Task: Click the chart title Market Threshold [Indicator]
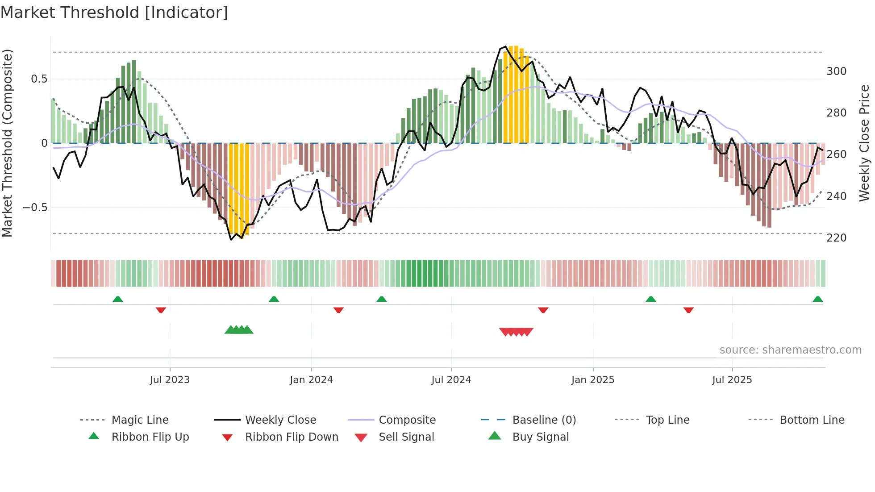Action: pos(114,13)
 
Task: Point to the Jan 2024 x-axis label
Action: pos(311,380)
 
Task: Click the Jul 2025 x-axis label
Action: pos(732,380)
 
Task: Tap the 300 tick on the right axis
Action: pos(836,71)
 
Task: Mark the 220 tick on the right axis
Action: pos(836,238)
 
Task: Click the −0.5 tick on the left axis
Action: pos(35,208)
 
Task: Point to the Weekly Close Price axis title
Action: pos(864,143)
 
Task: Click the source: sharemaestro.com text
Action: pos(790,350)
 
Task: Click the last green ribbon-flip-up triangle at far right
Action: pos(817,299)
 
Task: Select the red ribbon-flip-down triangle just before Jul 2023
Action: pos(161,310)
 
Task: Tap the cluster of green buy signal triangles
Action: pos(239,330)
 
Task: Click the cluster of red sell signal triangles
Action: pos(516,332)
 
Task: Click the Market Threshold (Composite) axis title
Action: pos(7,143)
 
